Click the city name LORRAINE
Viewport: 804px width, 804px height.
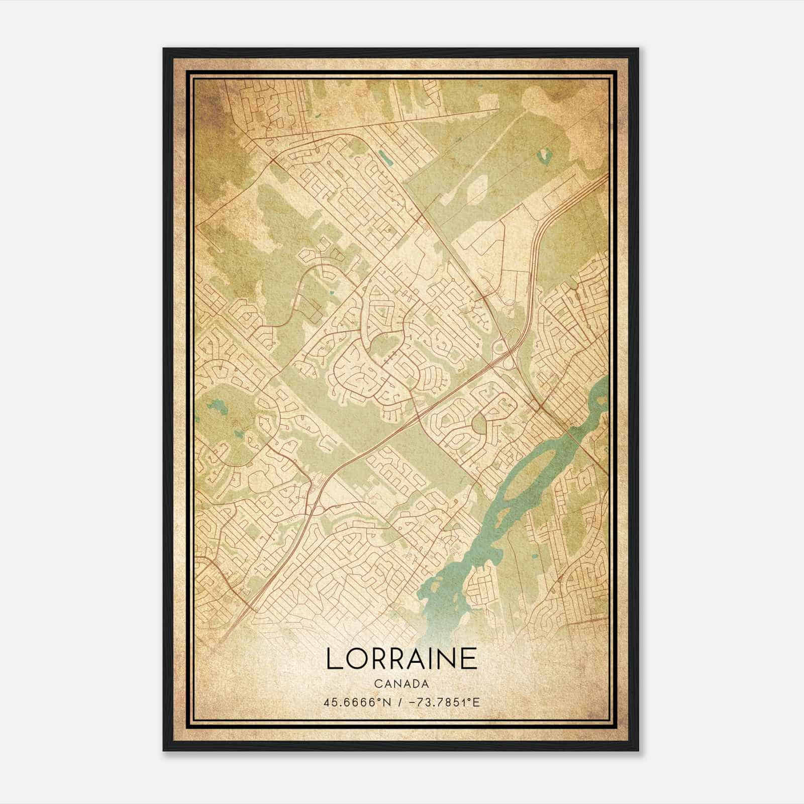pos(401,658)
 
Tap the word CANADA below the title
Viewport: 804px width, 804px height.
pos(401,684)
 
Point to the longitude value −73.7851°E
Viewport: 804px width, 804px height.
pos(443,702)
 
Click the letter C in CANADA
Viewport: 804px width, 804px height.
pos(377,684)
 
